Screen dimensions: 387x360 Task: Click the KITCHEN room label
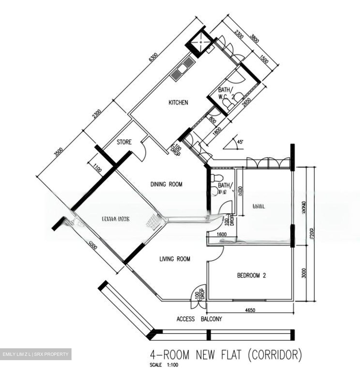[178, 102]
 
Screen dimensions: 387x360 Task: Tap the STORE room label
[124, 142]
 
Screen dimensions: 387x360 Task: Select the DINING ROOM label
[166, 184]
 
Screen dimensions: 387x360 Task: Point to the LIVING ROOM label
[175, 259]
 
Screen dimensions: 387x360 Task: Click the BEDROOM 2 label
[251, 275]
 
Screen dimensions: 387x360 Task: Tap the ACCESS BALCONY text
[199, 319]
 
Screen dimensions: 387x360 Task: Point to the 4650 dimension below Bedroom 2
[250, 310]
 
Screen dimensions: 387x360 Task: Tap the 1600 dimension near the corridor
[221, 234]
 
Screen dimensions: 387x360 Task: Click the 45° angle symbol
[234, 144]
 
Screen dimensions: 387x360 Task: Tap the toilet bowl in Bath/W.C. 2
[229, 104]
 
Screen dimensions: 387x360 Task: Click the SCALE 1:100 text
[164, 365]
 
